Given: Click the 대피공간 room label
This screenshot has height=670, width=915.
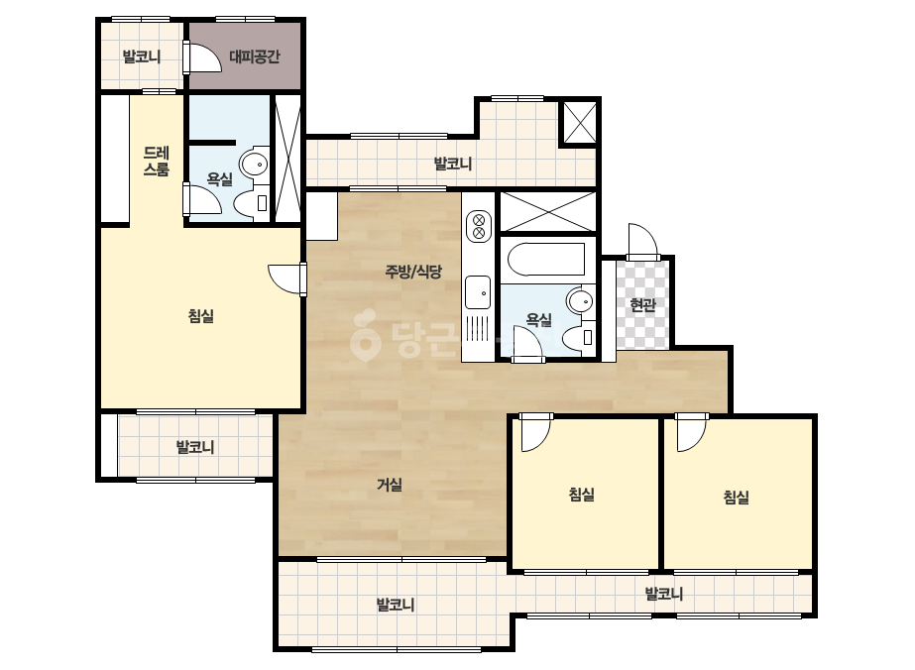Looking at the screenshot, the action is [254, 56].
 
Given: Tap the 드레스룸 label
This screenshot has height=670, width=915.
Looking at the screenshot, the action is [157, 162].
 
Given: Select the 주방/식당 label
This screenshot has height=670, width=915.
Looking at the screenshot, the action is [413, 272].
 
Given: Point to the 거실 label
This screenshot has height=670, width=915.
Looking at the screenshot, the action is [390, 485].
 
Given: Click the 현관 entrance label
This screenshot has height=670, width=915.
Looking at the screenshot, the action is [643, 304].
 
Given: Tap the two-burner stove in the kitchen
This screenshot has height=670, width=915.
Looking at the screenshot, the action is [479, 226].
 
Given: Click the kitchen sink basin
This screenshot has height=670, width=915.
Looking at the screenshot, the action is [478, 291].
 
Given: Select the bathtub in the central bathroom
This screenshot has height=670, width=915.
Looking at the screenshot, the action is [546, 259].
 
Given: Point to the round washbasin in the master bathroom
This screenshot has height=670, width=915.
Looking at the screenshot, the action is [253, 165].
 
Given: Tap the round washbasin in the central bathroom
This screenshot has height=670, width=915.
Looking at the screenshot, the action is [580, 301].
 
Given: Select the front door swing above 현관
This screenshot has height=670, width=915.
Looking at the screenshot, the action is [642, 241].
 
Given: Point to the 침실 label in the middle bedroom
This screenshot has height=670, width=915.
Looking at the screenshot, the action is [581, 495].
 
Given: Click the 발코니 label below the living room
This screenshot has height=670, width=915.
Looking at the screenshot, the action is [396, 605].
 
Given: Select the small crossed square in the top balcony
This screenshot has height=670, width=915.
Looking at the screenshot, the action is [580, 122].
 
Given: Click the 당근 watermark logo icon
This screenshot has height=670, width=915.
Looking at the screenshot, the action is [365, 334].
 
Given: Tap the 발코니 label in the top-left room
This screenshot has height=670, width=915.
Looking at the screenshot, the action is [141, 56].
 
